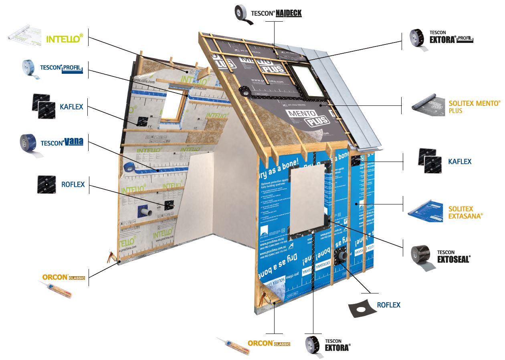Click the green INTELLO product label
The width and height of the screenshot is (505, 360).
pos(65,39)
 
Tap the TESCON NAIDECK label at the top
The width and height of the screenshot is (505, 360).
pos(276,13)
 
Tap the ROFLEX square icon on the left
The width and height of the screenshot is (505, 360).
pos(46,184)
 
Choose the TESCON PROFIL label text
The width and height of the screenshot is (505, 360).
pos(61,69)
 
